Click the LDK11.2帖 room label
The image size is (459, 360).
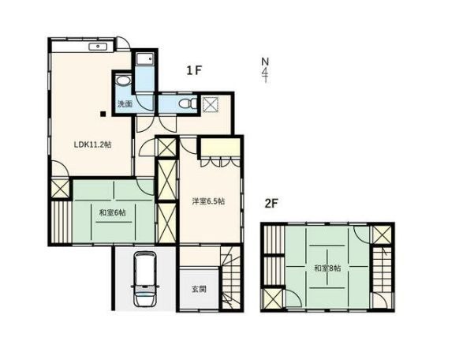click(92, 144)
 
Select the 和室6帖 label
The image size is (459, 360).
click(113, 212)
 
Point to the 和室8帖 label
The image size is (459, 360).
click(327, 268)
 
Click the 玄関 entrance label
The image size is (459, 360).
click(199, 289)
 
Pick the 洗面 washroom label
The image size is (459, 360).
click(125, 103)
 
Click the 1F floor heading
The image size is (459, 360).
click(194, 70)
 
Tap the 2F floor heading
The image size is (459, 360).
click(271, 203)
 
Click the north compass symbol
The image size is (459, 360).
click(265, 70)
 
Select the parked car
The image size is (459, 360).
click(145, 279)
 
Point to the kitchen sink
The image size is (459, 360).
click(99, 47)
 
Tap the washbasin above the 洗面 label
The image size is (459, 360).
click(123, 81)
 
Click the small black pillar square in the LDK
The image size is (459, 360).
click(103, 114)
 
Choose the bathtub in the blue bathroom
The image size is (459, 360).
click(144, 61)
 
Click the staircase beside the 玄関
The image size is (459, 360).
click(231, 277)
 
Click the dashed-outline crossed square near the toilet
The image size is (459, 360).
click(211, 103)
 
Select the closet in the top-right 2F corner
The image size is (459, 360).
click(382, 234)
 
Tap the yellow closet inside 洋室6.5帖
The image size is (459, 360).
click(220, 148)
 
